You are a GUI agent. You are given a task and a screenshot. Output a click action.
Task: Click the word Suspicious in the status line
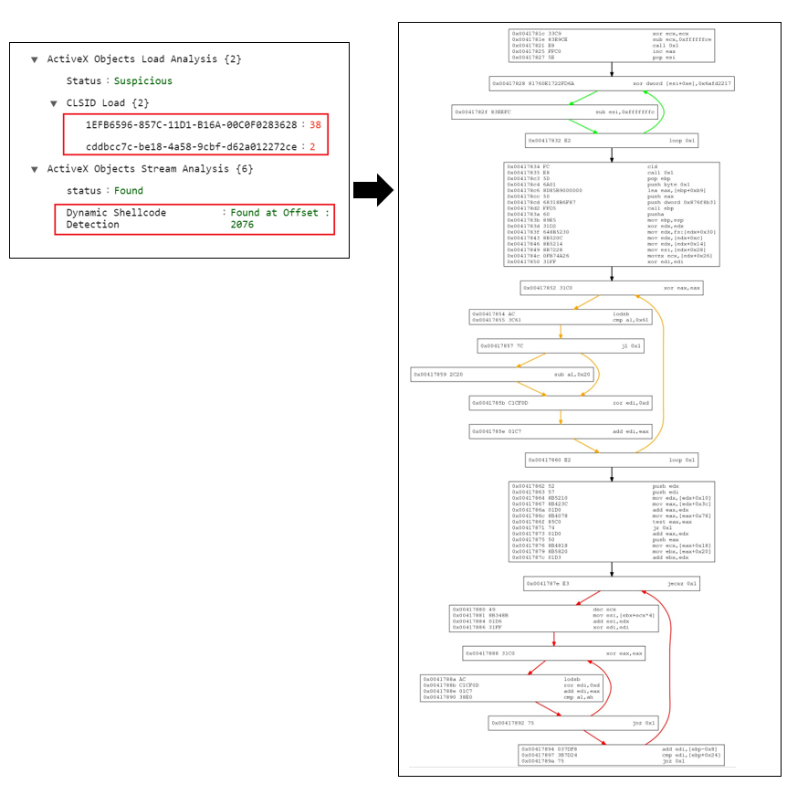click(142, 80)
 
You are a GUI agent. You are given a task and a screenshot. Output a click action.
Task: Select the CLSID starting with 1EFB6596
click(191, 124)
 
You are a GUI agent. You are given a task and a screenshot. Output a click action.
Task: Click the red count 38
click(315, 124)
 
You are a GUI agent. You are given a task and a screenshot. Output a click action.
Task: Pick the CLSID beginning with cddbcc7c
click(191, 146)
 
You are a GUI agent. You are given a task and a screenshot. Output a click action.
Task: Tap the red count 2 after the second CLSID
click(312, 146)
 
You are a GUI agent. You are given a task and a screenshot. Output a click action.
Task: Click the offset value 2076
click(242, 224)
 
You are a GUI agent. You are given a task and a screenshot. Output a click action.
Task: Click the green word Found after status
click(129, 190)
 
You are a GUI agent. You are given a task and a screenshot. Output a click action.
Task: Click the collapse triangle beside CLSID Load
click(54, 103)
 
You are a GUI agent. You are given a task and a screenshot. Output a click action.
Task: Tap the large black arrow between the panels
click(373, 189)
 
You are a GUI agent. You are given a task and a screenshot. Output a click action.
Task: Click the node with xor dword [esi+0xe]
click(611, 83)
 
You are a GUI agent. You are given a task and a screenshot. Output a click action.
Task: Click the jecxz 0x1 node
click(611, 583)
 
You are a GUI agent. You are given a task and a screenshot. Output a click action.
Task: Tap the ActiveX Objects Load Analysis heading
click(144, 58)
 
